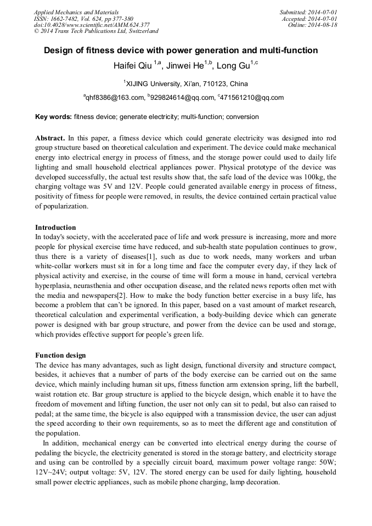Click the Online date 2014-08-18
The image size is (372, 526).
point(313,25)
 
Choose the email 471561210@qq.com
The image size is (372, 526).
point(252,98)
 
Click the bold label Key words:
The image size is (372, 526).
point(53,117)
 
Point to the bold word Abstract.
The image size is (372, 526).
point(50,138)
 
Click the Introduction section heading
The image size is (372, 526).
point(55,227)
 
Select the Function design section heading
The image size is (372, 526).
point(60,355)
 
